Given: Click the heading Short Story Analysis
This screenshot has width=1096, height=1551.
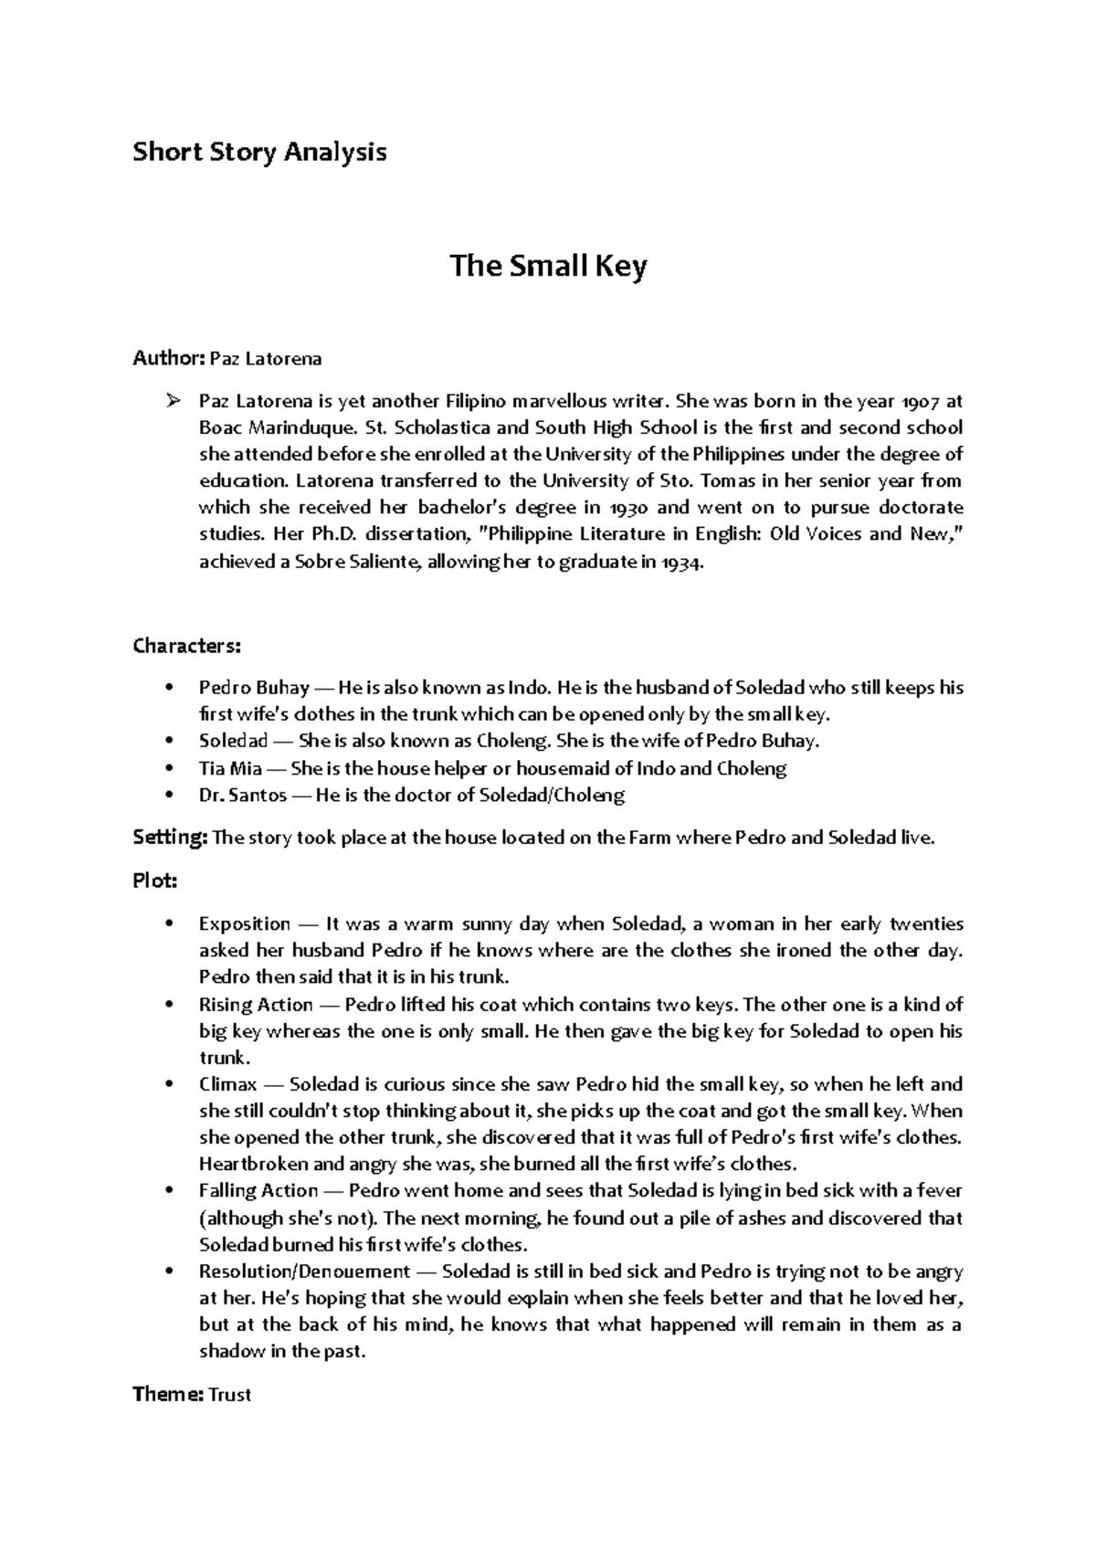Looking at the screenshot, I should point(259,152).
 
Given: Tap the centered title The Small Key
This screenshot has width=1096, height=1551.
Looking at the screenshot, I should point(548,267).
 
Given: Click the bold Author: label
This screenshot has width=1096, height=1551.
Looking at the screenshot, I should point(169,359).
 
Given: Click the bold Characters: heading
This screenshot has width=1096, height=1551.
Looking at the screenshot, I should point(187,647).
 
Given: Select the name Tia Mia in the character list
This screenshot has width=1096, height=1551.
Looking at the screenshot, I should point(230,768).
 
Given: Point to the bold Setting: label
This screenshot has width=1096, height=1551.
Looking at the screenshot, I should point(171,838).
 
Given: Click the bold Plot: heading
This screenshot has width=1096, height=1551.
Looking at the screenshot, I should point(154,881).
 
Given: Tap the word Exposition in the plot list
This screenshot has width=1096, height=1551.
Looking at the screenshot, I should point(244,923).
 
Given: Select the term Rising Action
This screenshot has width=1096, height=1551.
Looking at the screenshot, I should point(255,1005).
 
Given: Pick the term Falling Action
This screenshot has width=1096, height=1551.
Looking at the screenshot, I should point(258,1191).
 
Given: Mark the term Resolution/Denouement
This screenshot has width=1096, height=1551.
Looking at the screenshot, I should point(304,1271).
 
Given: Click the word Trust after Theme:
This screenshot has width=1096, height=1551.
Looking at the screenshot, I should point(230,1395).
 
